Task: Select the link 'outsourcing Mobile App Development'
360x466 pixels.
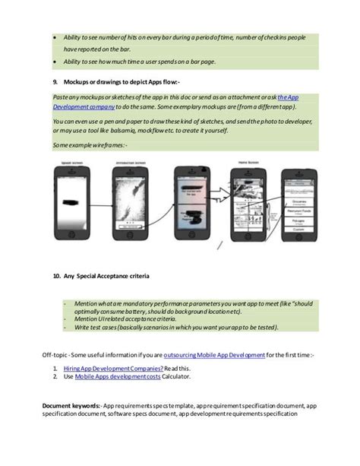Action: click(x=213, y=355)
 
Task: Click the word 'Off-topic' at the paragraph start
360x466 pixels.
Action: click(x=55, y=355)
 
